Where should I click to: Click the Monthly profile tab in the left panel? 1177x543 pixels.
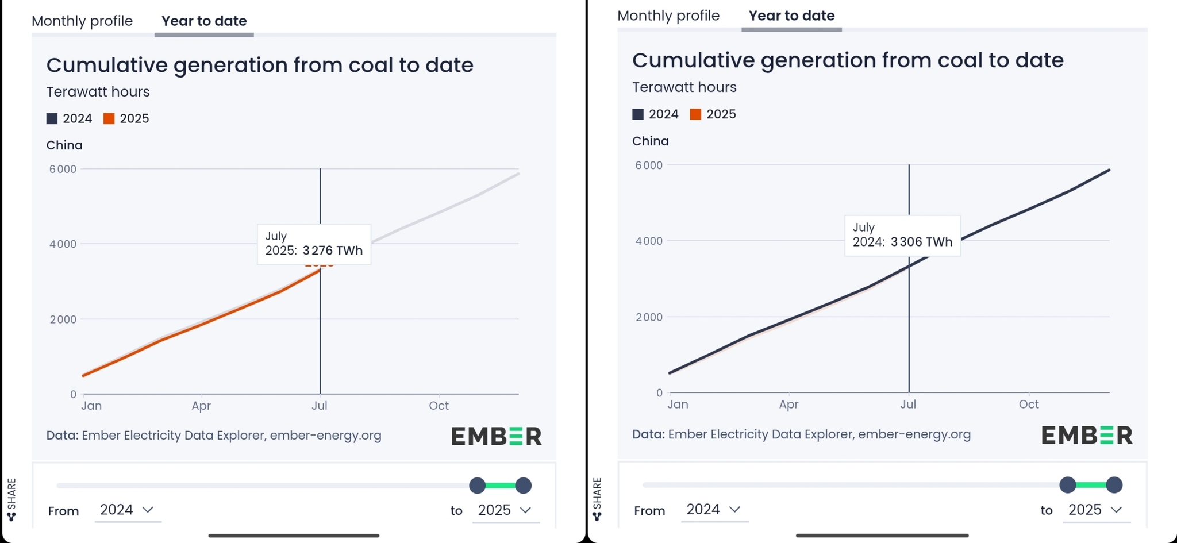[x=82, y=21]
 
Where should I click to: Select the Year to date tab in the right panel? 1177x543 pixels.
[x=791, y=16]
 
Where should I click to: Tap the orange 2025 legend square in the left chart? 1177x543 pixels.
[x=109, y=119]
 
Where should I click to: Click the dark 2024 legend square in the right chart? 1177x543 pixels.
[x=638, y=114]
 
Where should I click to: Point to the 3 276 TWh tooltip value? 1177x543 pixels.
[x=333, y=251]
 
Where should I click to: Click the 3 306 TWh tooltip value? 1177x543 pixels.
[x=921, y=242]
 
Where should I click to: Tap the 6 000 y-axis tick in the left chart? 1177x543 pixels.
[x=63, y=170]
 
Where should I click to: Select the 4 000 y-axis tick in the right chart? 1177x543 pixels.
[x=649, y=241]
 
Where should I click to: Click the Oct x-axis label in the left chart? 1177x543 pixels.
[x=439, y=406]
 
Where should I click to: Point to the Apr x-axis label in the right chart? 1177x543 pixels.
[x=788, y=405]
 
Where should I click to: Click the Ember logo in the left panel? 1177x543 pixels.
[x=497, y=436]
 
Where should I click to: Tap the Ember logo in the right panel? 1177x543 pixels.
[x=1087, y=435]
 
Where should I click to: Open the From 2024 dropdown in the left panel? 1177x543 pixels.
[x=127, y=510]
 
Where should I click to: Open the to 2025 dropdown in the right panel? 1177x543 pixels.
[x=1095, y=510]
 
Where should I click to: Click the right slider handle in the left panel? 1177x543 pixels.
[x=523, y=486]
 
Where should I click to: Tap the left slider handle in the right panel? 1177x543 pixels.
[x=1068, y=485]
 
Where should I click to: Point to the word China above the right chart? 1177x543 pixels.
[x=651, y=141]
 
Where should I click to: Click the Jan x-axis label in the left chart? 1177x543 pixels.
[x=91, y=406]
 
